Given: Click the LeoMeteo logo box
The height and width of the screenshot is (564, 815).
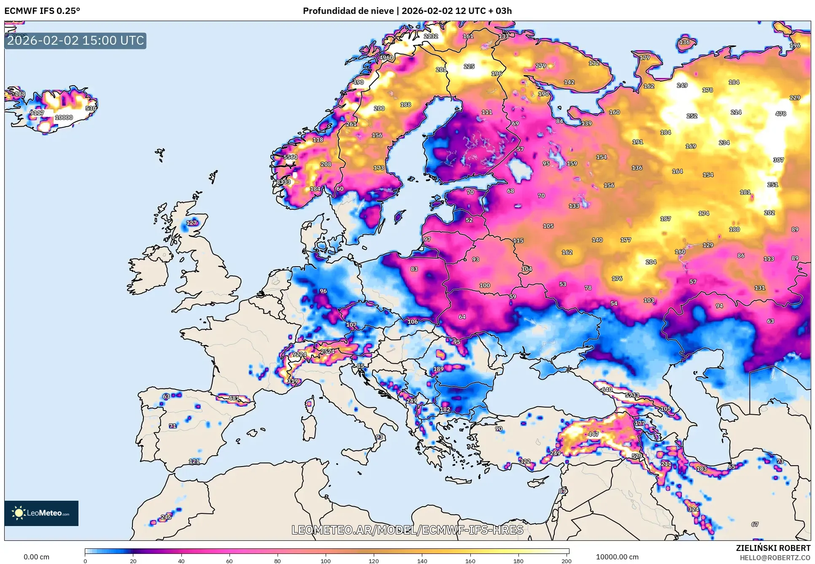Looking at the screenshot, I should (x=41, y=513).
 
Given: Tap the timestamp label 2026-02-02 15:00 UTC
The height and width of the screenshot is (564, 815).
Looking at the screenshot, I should (x=76, y=41).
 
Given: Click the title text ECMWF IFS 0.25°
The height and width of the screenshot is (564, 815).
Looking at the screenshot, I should (x=42, y=11).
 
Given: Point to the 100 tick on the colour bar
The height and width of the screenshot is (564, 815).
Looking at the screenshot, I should (x=325, y=561).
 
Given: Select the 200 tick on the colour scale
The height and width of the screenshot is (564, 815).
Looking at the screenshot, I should (x=567, y=561).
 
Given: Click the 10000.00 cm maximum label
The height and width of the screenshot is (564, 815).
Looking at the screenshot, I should (x=617, y=557).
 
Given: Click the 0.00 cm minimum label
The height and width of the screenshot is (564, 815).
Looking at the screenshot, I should (x=36, y=557).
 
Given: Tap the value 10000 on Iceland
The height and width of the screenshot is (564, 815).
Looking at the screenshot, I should (x=64, y=118).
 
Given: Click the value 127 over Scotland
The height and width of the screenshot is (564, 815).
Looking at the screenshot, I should (x=192, y=223).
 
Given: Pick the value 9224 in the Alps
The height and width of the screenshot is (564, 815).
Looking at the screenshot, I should (x=300, y=354).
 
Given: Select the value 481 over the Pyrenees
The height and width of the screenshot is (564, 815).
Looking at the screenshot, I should (x=234, y=398).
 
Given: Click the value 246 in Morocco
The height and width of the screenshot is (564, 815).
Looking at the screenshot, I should (x=166, y=517).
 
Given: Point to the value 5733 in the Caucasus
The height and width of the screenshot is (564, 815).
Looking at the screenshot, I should (x=632, y=395).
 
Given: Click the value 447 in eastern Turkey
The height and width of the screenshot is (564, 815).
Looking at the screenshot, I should (x=594, y=434).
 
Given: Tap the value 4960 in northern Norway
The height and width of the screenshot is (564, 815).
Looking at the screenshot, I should (x=386, y=58).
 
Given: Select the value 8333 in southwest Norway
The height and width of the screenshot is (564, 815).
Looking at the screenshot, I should (x=283, y=182).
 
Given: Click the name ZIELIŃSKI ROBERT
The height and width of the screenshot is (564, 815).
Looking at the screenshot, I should (x=773, y=548).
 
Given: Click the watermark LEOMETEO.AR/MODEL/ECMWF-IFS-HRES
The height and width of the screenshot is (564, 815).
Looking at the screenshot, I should (x=407, y=530).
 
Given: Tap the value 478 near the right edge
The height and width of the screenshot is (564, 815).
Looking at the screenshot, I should (x=780, y=114).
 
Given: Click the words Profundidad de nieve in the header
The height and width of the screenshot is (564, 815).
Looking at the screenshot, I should (x=348, y=11).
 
